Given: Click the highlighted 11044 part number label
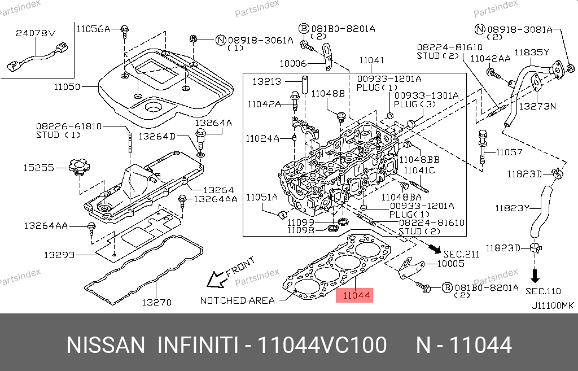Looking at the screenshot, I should pos(354,294).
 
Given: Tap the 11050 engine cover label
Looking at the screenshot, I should pos(67,88).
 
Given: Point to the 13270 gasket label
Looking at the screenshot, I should pos(156,302).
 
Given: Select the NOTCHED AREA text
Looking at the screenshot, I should pos(237,300).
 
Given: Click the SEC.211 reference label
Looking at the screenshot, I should pos(461,254).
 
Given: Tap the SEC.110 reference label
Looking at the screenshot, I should pos(542,291).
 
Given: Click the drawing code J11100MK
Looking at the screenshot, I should pos(552,305).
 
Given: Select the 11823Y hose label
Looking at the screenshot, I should pos(512,208).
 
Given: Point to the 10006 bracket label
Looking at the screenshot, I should pos(293,63).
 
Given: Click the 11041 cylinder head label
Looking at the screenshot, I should pos(371,60).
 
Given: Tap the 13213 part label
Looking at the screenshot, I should pos(266,82).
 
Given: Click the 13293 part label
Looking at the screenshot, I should pos(59,255).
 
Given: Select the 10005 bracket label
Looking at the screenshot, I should pos(450,264).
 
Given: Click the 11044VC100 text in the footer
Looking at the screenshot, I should pos(322,345).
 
